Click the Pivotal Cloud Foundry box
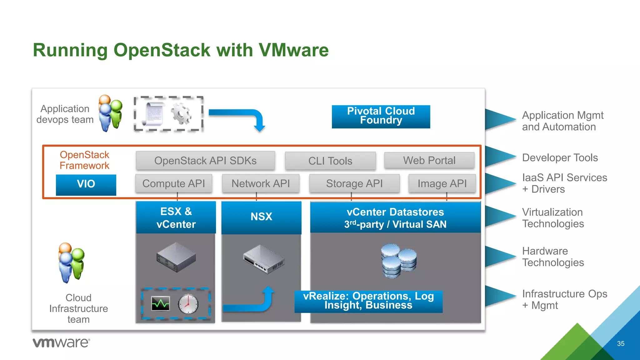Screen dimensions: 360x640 tap(381, 117)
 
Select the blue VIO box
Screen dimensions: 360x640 tap(86, 185)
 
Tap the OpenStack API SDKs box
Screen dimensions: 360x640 tap(205, 161)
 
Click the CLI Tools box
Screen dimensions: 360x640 tap(330, 161)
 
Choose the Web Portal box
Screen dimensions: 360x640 tap(429, 161)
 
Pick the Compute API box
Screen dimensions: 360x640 tap(174, 183)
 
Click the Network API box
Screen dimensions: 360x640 tap(261, 183)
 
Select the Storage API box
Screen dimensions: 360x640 tap(354, 183)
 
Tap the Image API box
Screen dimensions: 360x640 tap(442, 183)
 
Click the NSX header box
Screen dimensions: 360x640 tap(261, 217)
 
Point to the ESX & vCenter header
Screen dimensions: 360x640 tap(176, 217)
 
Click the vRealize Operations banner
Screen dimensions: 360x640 tap(368, 301)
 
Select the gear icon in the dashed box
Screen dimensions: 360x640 tap(181, 113)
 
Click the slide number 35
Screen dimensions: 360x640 tap(621, 344)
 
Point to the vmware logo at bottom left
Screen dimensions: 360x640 tap(61, 343)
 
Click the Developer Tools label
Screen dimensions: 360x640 tap(560, 158)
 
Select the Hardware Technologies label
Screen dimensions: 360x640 tap(552, 257)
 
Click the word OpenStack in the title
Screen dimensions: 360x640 tap(162, 50)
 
